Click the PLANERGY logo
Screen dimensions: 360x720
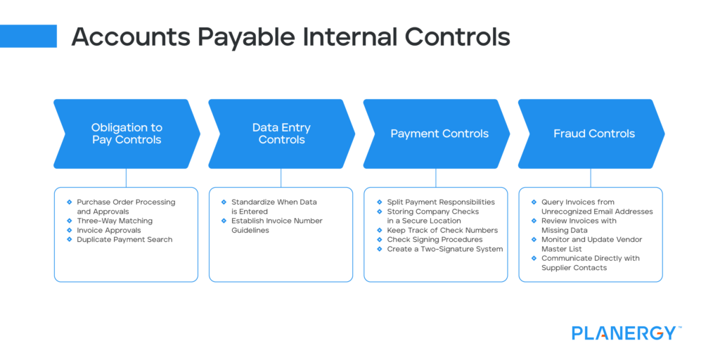pyautogui.click(x=624, y=333)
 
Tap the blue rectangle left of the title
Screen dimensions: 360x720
pyautogui.click(x=28, y=36)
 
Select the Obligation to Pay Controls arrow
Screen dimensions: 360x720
pyautogui.click(x=127, y=134)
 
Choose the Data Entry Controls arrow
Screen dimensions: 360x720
pyautogui.click(x=281, y=134)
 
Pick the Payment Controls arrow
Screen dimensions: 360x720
pyautogui.click(x=439, y=134)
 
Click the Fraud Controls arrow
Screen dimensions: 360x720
pyautogui.click(x=593, y=134)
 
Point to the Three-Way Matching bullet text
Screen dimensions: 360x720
pyautogui.click(x=115, y=221)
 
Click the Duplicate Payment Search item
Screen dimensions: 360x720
pyautogui.click(x=124, y=240)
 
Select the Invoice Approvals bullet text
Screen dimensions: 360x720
pyautogui.click(x=109, y=230)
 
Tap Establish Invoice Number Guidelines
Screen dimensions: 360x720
pyautogui.click(x=277, y=225)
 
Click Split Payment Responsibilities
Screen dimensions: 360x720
pyautogui.click(x=441, y=202)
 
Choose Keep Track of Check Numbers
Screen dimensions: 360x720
pyautogui.click(x=442, y=230)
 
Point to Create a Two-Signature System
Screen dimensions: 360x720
pyautogui.click(x=445, y=249)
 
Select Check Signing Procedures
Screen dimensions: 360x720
pyautogui.click(x=435, y=240)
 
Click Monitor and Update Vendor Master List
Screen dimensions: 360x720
pyautogui.click(x=591, y=244)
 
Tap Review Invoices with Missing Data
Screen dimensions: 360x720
pyautogui.click(x=579, y=225)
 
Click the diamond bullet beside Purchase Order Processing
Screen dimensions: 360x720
pyautogui.click(x=70, y=202)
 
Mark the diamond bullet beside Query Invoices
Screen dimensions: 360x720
pyautogui.click(x=534, y=202)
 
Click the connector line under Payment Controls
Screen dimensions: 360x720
pyautogui.click(x=436, y=178)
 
